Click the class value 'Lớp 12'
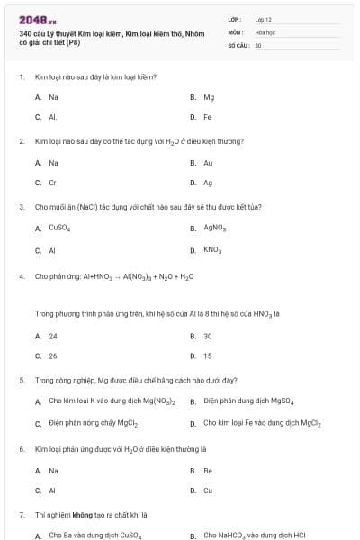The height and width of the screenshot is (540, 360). pos(264,19)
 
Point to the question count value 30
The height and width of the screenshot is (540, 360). pos(258,44)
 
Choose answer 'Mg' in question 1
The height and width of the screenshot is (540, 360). pos(209,97)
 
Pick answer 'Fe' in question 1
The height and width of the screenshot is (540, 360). pos(208,117)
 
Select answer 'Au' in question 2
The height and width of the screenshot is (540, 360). pos(208,163)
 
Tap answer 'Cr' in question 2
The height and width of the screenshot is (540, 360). pos(53,183)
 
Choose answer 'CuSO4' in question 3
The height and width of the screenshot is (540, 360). pos(59,229)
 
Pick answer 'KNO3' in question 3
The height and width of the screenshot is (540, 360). pos(212,249)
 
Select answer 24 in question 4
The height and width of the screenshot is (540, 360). pos(53,336)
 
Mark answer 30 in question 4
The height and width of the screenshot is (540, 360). pos(208,336)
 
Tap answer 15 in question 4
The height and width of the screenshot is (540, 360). pos(208,355)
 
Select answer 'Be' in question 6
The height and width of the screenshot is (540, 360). pos(208,471)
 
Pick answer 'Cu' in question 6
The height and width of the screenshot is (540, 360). pos(208,490)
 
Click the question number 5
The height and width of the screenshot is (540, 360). pos(21,380)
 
